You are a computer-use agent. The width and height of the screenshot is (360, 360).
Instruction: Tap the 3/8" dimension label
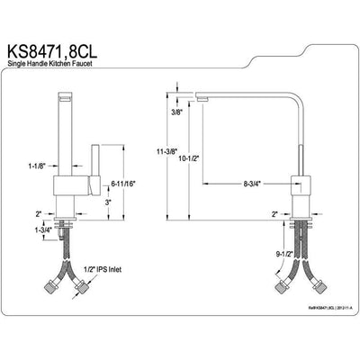180,112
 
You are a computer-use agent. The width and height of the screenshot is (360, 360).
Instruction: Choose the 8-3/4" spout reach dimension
251,183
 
